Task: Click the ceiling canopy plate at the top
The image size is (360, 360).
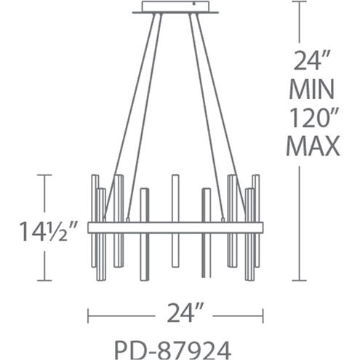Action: pos(175,8)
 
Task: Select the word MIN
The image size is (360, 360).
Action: pos(314,90)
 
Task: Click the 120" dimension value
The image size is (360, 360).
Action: pos(314,119)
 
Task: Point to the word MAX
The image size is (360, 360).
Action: pos(314,146)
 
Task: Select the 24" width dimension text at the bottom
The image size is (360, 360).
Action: pos(175,315)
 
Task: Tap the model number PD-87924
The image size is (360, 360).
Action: pos(175,345)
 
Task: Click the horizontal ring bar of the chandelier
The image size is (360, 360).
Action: pos(175,227)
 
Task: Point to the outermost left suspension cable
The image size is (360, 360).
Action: pos(131,109)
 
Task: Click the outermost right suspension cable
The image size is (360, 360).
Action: pos(219,109)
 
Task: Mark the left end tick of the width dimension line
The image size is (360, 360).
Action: pos(88,315)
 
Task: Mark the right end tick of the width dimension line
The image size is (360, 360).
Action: pos(263,315)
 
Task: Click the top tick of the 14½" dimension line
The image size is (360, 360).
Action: pos(47,175)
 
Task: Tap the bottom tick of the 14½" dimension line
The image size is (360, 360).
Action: pos(47,281)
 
